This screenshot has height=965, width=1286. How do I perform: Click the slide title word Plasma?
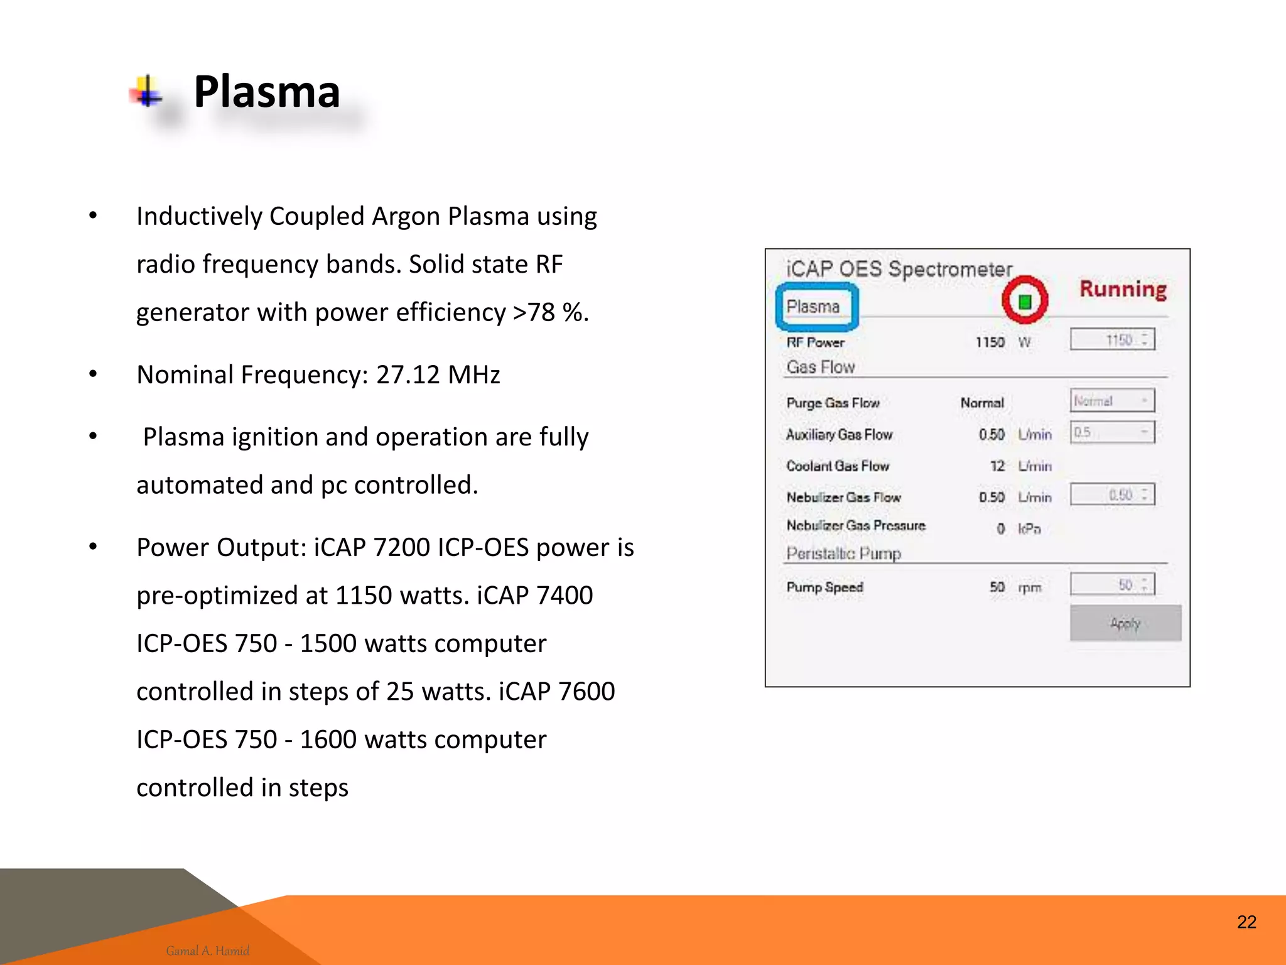[267, 92]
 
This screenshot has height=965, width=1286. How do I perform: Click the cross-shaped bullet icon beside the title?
[147, 92]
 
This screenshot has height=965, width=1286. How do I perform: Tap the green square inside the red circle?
[1025, 302]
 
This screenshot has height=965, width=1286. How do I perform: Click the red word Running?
[1123, 289]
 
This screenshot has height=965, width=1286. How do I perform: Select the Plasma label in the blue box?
[813, 307]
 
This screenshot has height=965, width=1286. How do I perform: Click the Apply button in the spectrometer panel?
[1125, 623]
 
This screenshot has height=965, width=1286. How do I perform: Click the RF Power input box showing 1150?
[1112, 340]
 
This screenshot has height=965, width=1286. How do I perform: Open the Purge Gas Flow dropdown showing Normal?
[1112, 401]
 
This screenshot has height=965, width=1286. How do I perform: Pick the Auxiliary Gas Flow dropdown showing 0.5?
[1112, 432]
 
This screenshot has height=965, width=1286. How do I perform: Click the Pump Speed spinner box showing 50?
[1112, 585]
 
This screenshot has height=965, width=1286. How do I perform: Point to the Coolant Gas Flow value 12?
[997, 466]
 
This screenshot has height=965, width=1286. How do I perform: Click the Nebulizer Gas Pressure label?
[856, 526]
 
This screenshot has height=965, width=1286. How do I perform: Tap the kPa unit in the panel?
[1029, 529]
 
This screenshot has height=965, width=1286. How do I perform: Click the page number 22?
[1246, 922]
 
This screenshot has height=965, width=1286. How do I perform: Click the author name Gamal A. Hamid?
[208, 951]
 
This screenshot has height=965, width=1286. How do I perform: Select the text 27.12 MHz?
[438, 374]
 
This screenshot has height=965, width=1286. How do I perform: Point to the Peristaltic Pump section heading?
[843, 553]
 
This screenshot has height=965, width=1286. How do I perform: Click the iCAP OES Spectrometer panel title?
[899, 270]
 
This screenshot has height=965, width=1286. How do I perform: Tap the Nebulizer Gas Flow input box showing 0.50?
[1112, 494]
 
